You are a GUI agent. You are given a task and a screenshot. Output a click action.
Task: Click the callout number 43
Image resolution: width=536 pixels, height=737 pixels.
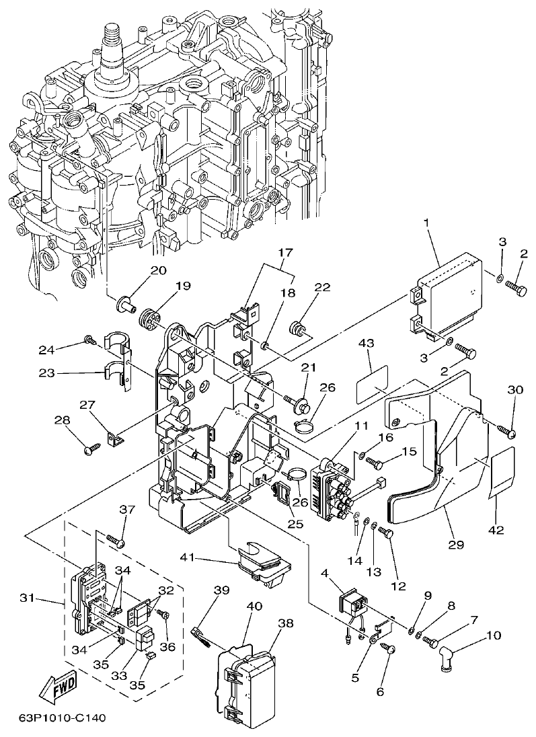pos(365,343)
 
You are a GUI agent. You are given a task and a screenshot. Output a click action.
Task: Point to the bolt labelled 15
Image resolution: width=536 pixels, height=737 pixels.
pos(377,463)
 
